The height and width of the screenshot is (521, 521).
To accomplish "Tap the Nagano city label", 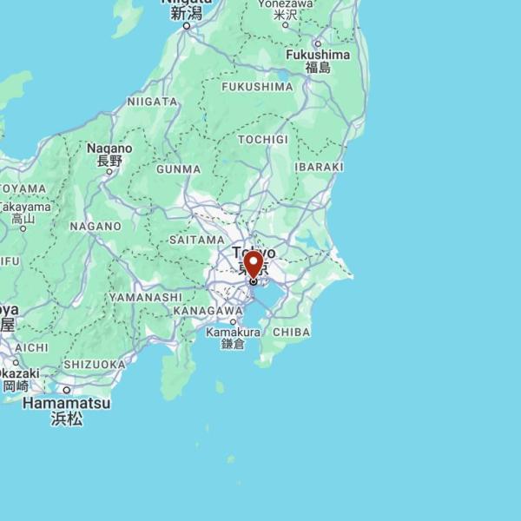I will coord(109,148).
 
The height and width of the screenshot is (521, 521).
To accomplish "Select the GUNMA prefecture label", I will coord(179,169).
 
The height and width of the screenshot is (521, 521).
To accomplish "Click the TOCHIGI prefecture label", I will coord(262,140).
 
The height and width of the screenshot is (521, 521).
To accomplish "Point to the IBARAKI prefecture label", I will coord(319,167).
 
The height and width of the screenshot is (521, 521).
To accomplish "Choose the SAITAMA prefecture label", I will coord(197,240).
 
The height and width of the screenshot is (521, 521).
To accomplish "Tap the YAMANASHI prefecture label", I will coord(146,297).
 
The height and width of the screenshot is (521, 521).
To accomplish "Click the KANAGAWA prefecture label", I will coord(208,311).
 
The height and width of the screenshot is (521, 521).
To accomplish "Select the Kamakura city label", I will coord(234,333).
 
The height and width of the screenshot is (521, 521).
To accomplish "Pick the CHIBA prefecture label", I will coord(291,333).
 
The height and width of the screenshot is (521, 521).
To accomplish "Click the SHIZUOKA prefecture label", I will coord(96,365).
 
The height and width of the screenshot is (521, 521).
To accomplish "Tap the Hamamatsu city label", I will coord(67,404).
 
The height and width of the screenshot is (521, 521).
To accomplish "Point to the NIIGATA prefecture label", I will coord(153,102).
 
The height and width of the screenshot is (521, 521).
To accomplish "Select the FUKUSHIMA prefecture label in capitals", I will coord(257,87).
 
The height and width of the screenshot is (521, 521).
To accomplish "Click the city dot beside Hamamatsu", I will coord(66,390).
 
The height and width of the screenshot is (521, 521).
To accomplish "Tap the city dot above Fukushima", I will coord(318,43).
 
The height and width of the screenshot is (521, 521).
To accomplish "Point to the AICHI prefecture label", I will coord(31,347).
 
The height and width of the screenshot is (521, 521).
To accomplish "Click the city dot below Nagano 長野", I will coord(109,171).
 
